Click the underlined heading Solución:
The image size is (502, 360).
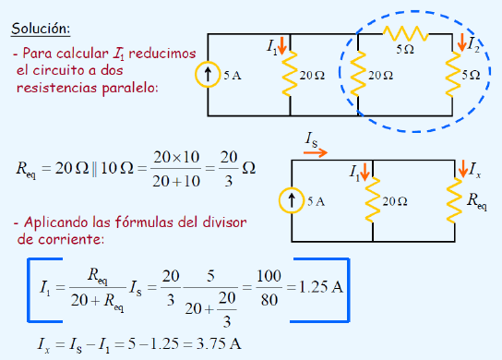pyautogui.click(x=41, y=29)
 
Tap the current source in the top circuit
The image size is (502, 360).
pyautogui.click(x=208, y=74)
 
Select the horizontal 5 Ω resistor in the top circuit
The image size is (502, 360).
pyautogui.click(x=406, y=33)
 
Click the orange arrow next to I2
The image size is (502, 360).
pyautogui.click(x=461, y=42)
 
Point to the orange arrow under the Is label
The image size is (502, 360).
pyautogui.click(x=316, y=153)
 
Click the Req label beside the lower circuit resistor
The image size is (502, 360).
pyautogui.click(x=477, y=202)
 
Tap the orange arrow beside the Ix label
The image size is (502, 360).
pyautogui.click(x=462, y=169)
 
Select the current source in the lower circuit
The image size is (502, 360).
pyautogui.click(x=292, y=200)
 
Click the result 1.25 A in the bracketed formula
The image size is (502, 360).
pyautogui.click(x=321, y=287)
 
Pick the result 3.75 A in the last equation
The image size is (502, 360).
pyautogui.click(x=219, y=343)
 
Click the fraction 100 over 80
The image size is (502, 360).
pyautogui.click(x=269, y=287)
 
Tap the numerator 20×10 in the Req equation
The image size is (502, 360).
pyautogui.click(x=176, y=157)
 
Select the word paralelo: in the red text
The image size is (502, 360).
pyautogui.click(x=130, y=88)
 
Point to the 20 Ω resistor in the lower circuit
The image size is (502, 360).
pyautogui.click(x=373, y=199)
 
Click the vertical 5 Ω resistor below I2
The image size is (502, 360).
pyautogui.click(x=452, y=74)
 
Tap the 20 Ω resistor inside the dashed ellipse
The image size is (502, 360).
pyautogui.click(x=358, y=74)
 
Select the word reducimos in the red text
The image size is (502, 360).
pyautogui.click(x=162, y=54)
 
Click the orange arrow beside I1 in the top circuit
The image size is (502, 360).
pyautogui.click(x=282, y=45)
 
